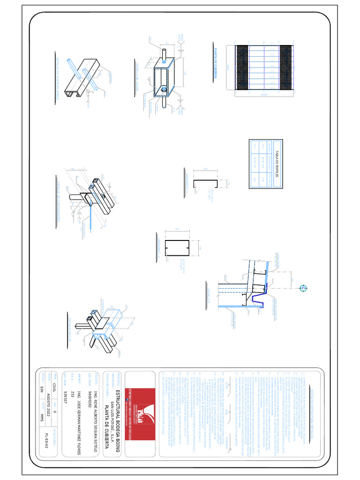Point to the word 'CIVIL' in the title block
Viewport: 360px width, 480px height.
pos(54,390)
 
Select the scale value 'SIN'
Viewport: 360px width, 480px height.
pos(41,390)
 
